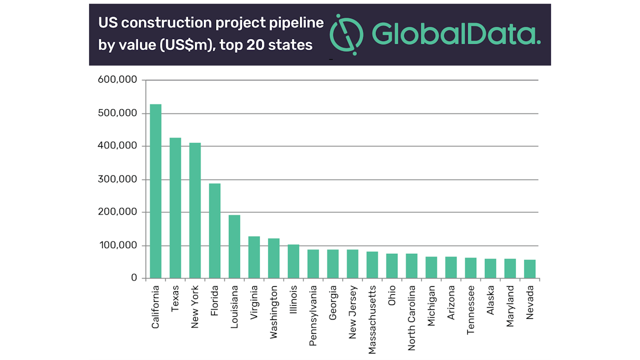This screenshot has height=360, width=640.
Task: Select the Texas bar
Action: coord(175,208)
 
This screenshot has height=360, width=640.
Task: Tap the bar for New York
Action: coord(195,210)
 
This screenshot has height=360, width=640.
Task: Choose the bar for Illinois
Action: coord(293,261)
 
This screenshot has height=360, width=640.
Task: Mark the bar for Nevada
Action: coord(530,269)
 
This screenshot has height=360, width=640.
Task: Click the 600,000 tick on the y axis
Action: coord(118,80)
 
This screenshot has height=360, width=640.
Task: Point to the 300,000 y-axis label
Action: coord(118,179)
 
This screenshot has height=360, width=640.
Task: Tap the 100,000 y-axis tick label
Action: coord(118,245)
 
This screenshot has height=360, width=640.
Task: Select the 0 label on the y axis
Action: coord(133,278)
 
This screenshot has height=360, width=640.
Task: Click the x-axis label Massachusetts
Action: coord(373,313)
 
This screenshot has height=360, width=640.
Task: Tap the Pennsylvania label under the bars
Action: coord(314,311)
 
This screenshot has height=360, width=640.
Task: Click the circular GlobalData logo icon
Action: coord(347,34)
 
